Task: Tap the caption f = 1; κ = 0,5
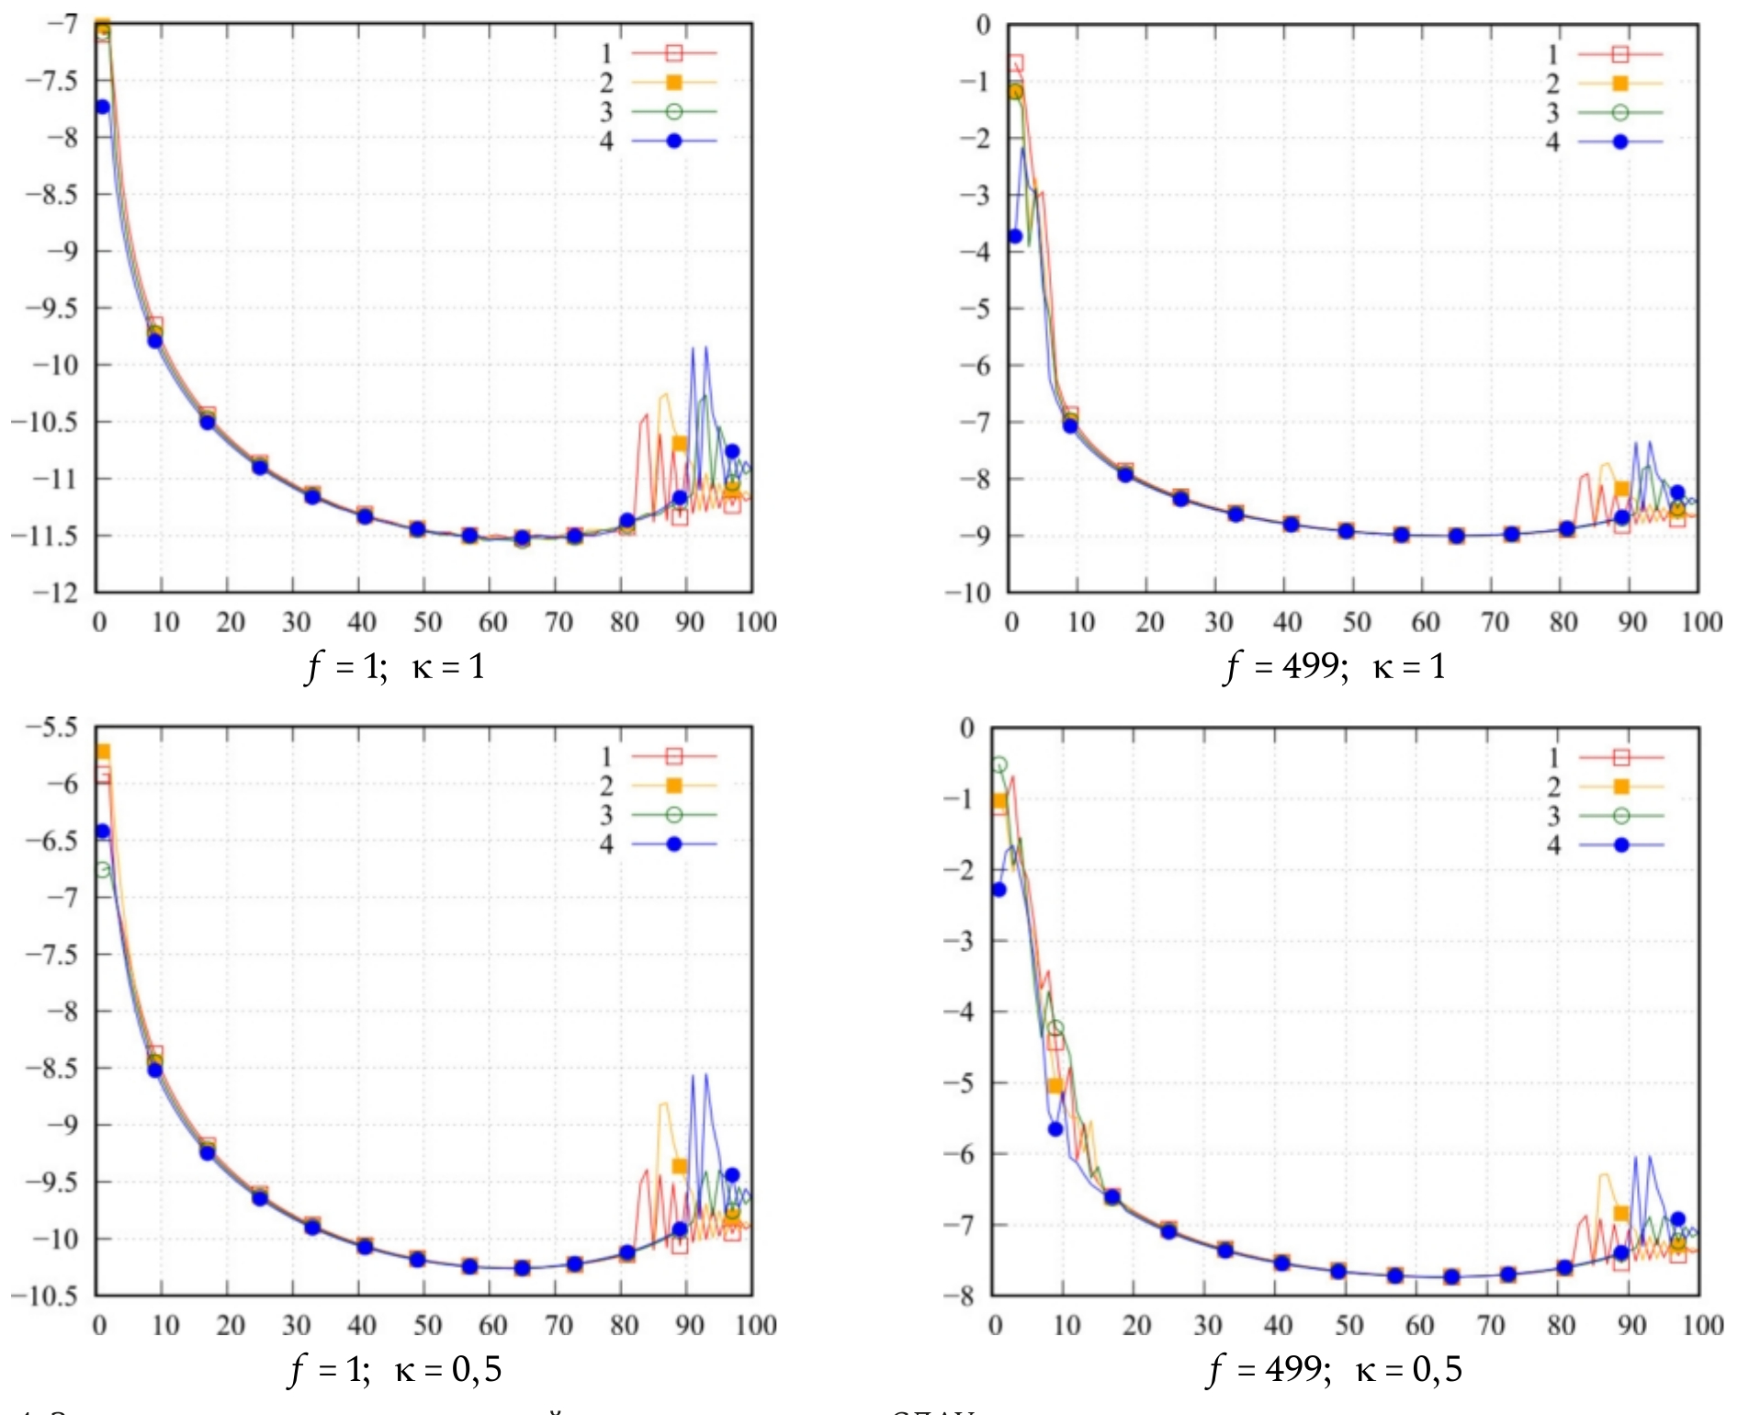[x=395, y=1369]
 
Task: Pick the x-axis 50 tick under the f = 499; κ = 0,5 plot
[x=1348, y=1325]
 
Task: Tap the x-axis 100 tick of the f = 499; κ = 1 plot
[x=1701, y=622]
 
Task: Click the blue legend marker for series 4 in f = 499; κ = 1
[x=1620, y=142]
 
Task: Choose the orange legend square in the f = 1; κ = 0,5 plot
[x=673, y=786]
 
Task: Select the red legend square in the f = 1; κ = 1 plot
[x=673, y=53]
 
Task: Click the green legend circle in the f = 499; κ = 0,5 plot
[x=1620, y=816]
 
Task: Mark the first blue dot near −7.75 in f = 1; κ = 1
[x=102, y=108]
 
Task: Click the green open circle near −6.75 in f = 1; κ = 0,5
[x=102, y=869]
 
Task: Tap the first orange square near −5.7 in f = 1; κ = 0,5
[x=103, y=753]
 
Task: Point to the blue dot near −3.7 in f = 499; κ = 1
[x=1015, y=236]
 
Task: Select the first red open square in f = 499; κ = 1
[x=1015, y=64]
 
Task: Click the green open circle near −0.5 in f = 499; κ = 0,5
[x=999, y=764]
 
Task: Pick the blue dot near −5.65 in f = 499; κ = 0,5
[x=1055, y=1128]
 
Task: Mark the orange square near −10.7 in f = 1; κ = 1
[x=679, y=444]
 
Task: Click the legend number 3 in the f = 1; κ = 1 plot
[x=606, y=112]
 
